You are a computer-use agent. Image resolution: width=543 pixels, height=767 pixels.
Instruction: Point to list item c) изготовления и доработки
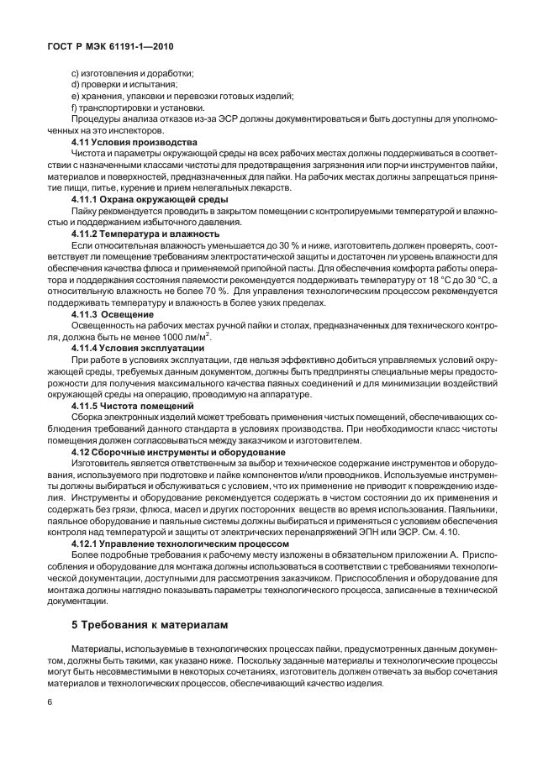132,72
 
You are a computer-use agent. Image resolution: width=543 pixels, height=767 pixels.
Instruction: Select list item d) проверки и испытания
124,84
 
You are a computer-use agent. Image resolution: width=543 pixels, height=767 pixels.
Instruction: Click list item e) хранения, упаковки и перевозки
182,96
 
